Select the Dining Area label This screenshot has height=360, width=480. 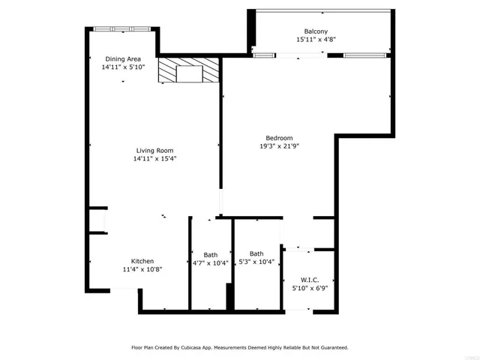pyautogui.click(x=123, y=58)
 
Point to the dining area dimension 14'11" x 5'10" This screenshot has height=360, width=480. pyautogui.click(x=123, y=67)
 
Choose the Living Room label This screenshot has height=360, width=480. pyautogui.click(x=154, y=150)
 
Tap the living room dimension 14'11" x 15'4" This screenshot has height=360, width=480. pyautogui.click(x=154, y=158)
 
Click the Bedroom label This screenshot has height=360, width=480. pyautogui.click(x=279, y=137)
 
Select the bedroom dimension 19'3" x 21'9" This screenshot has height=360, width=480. pyautogui.click(x=279, y=145)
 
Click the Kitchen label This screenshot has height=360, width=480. pyautogui.click(x=142, y=261)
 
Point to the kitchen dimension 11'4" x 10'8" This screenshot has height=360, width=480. pyautogui.click(x=142, y=269)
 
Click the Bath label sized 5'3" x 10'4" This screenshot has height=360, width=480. pyautogui.click(x=256, y=253)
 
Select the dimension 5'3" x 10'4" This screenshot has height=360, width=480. pyautogui.click(x=256, y=262)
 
